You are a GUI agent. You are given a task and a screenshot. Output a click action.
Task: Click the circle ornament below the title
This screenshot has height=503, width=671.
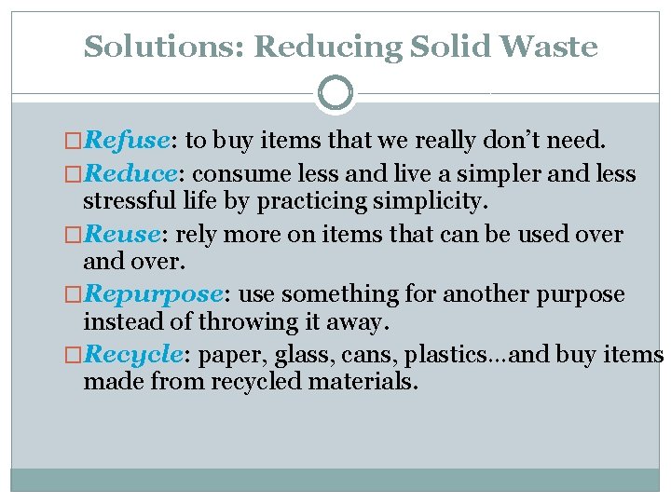coord(335,93)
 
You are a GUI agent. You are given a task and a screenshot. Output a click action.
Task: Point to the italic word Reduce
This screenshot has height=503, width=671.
coord(130,174)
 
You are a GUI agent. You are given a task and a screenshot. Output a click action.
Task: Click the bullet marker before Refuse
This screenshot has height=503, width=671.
coord(75,142)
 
